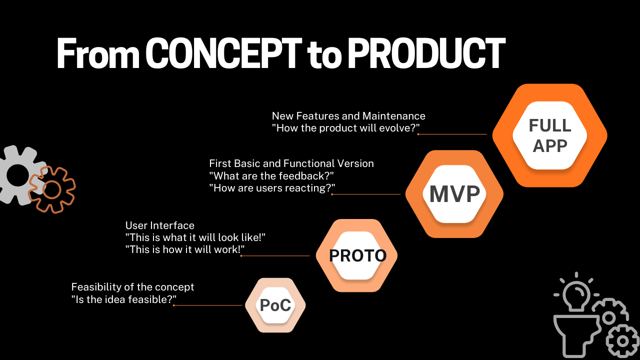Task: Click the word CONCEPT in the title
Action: pos(223,53)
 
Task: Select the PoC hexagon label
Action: pos(275,305)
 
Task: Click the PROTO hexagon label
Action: pos(357,255)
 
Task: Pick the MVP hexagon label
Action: pos(454,194)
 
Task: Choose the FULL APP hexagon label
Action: pos(550,135)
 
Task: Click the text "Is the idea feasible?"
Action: pos(123,299)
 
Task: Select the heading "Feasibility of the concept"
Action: pos(132,287)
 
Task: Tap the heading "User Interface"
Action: pos(159,225)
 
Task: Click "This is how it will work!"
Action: pos(185,249)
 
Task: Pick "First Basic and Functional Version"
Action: pos(291,163)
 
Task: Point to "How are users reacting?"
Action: pos(272,188)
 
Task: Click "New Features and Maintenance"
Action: pos(348,116)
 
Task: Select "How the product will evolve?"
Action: pos(345,128)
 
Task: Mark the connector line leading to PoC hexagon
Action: pos(208,305)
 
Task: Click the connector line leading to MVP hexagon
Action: pos(366,194)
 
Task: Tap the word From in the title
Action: pos(98,53)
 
